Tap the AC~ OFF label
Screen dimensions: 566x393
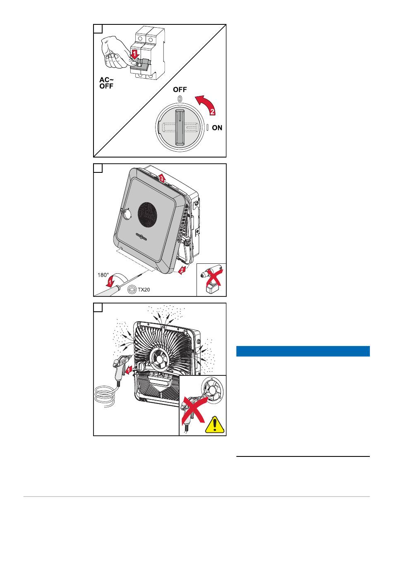pos(106,83)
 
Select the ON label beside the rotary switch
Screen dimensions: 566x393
pos(217,128)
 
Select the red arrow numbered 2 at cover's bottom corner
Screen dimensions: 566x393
pos(182,271)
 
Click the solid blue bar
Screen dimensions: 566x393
pos(302,351)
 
